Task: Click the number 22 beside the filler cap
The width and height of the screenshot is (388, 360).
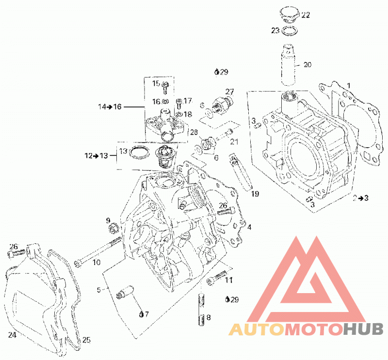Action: click(306, 15)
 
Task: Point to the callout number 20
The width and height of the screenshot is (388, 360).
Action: click(307, 65)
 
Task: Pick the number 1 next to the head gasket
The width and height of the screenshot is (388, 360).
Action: click(349, 86)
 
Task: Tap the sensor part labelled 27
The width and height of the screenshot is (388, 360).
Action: click(222, 103)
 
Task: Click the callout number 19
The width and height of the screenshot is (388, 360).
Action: click(255, 194)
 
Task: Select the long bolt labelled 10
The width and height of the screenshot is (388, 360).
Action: click(98, 251)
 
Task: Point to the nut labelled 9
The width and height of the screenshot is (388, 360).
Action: click(113, 227)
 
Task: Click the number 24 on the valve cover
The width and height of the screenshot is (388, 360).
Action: click(12, 335)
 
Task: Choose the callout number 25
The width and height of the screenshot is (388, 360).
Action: click(86, 340)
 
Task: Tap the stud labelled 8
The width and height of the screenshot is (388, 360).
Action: click(202, 309)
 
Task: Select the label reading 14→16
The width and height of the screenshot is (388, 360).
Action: click(110, 107)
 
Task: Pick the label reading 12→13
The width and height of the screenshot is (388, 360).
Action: click(96, 156)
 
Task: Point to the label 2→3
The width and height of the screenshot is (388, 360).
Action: click(360, 198)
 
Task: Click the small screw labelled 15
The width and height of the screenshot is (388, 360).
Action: click(165, 88)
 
